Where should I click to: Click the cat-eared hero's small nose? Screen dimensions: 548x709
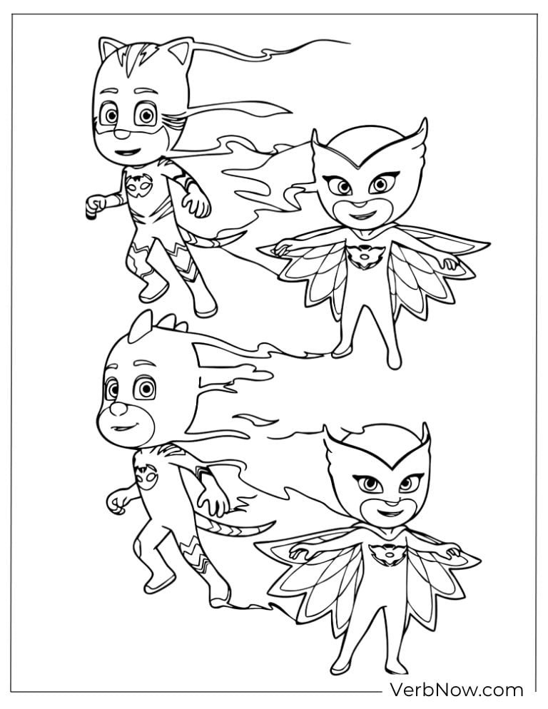(121, 134)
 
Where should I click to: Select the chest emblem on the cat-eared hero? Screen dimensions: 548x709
(139, 186)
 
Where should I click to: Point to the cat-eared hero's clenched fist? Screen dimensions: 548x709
(95, 205)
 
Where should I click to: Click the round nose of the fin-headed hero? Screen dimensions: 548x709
(118, 409)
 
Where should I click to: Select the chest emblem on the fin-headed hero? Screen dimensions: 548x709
(146, 476)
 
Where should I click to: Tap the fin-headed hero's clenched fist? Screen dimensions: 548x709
(116, 501)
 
